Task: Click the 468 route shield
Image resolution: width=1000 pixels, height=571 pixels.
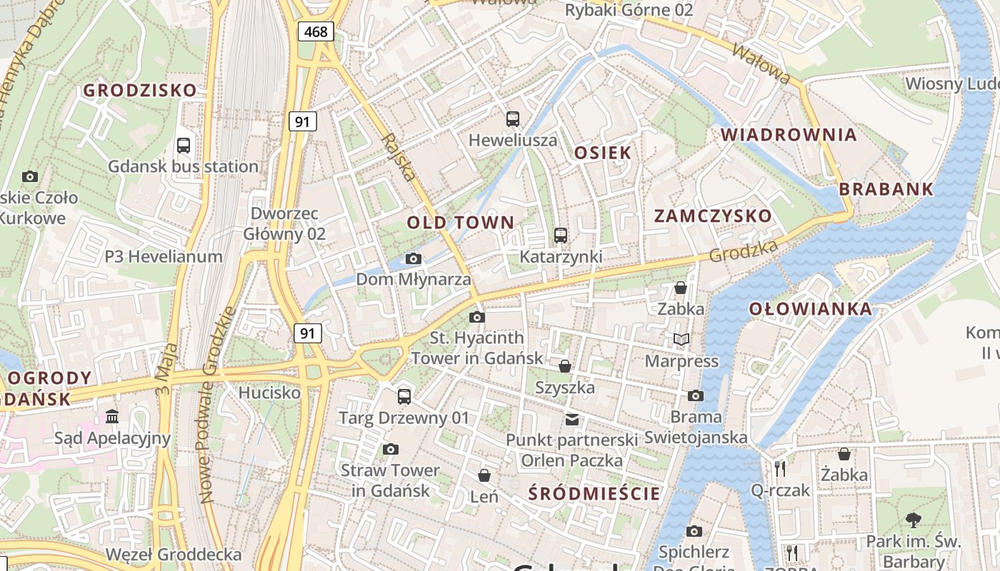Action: pos(315,31)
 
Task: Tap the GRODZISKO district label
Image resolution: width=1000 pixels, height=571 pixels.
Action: pos(140,91)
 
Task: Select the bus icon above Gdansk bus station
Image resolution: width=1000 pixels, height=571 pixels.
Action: pos(184,146)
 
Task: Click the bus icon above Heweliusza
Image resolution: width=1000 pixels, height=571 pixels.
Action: pos(512,119)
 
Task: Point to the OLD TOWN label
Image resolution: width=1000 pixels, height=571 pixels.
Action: pos(461,223)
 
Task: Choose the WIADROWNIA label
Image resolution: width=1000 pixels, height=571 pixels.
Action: pos(789,135)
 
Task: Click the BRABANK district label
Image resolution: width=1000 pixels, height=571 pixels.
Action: pos(886,189)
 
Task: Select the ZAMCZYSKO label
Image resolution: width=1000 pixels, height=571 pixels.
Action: pos(713,216)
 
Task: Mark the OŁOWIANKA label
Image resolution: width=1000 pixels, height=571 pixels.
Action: pos(811,309)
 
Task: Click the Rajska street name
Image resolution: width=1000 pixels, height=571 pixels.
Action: pos(399,156)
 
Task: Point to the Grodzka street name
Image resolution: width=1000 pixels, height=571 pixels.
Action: pos(743,251)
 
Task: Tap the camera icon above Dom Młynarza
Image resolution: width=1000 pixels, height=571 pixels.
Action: pos(413,258)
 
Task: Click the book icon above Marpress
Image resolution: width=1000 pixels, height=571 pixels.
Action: pos(681,340)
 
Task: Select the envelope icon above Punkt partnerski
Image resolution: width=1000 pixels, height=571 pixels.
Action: pos(572,419)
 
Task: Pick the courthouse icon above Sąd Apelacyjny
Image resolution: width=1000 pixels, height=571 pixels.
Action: pos(112,417)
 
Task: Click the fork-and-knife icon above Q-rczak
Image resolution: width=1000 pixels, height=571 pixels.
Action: pos(780,469)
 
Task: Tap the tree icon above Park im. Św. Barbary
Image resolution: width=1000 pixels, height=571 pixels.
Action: pos(913,520)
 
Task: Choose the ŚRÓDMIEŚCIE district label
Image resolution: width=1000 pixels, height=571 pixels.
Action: pos(594,493)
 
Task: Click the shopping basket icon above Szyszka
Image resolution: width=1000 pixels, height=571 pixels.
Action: pos(565,367)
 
